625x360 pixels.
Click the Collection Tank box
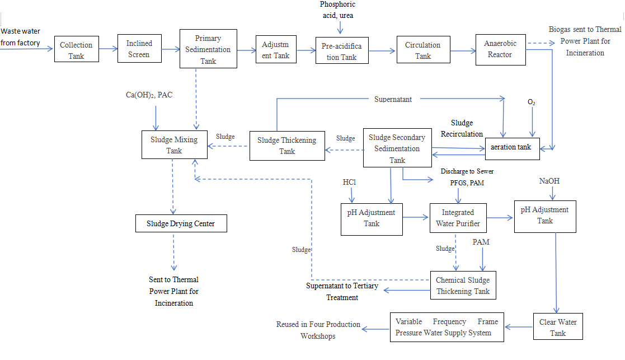point(77,50)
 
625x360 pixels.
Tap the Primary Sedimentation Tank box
point(208,49)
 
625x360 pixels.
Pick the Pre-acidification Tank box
point(341,51)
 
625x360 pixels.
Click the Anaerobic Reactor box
point(501,49)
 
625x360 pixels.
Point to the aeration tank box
point(511,147)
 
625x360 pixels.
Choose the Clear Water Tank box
point(558,327)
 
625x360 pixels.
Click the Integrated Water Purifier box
point(458,218)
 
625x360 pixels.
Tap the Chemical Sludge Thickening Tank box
point(463,285)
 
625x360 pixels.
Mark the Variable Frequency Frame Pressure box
point(447,328)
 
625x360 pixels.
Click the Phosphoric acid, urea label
point(338,10)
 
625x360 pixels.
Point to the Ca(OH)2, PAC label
point(149,95)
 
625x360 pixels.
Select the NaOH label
point(549,181)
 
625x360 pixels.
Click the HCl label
point(349,183)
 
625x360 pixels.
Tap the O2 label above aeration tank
point(532,102)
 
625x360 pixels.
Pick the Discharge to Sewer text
point(467,171)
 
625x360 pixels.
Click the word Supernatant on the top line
point(393,99)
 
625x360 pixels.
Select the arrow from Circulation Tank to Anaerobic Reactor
point(463,51)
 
